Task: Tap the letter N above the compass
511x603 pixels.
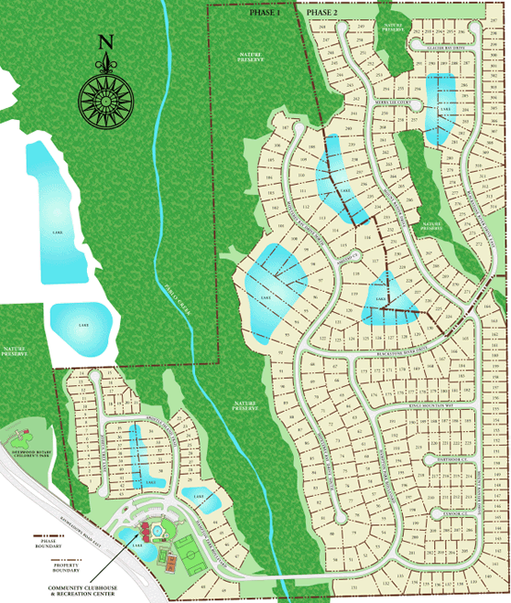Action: click(x=105, y=43)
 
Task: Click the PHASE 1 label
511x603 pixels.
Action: click(x=265, y=14)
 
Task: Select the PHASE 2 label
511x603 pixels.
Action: click(x=322, y=14)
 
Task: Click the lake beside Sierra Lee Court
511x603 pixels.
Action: click(x=442, y=107)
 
